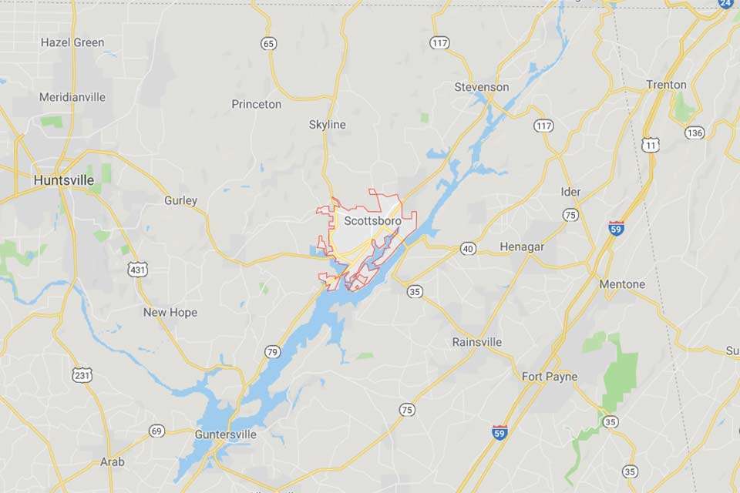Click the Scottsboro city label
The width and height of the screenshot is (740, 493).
pos(372,221)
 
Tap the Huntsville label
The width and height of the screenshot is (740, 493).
pos(64,179)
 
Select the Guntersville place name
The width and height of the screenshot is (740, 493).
pos(226,434)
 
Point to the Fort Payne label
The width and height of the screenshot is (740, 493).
pos(550,377)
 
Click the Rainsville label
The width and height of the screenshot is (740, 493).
pos(477,341)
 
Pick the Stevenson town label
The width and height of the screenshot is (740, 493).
pos(482,87)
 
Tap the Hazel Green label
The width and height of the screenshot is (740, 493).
pos(72,42)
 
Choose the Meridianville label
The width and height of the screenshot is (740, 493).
pos(72,97)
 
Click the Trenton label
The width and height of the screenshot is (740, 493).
pos(667,84)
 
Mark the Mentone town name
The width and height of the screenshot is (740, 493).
pos(622,284)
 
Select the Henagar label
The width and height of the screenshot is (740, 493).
pos(522,246)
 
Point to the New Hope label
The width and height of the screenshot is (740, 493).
pos(170,312)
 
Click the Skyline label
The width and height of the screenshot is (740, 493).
pos(328,124)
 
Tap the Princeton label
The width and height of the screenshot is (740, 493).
pos(257,104)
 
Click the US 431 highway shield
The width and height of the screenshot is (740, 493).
pos(138,269)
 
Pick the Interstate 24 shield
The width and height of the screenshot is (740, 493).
pos(725,4)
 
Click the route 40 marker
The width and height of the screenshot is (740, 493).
pos(468,248)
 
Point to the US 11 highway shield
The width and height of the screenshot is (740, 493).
pos(651,144)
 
